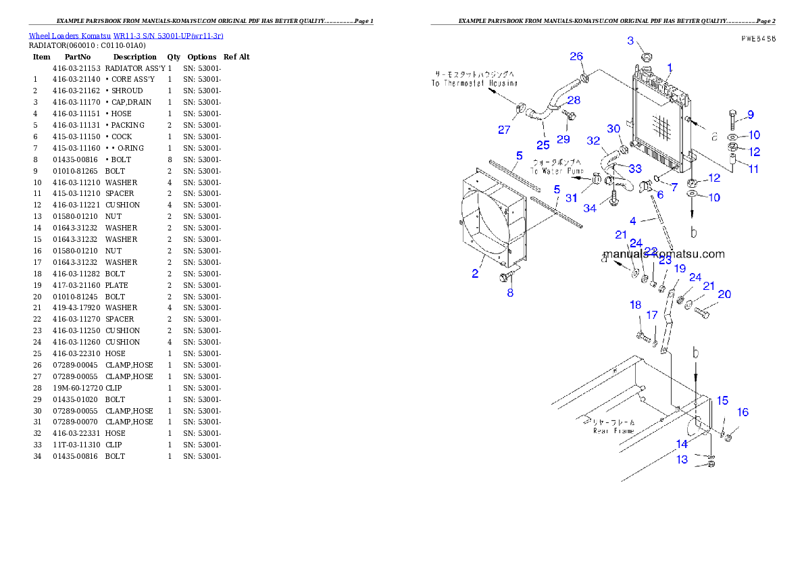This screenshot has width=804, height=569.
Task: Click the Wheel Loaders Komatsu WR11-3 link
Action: point(126,36)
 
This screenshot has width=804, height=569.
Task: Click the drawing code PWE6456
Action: point(757,39)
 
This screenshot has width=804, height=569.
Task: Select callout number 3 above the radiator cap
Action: point(630,41)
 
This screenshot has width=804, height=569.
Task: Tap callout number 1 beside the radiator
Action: point(670,68)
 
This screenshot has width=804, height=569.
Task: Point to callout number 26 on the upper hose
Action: point(576,56)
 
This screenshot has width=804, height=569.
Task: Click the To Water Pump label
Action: point(557,167)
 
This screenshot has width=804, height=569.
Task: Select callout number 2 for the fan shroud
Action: point(476,274)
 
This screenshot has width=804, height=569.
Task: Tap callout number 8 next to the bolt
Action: point(510,293)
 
